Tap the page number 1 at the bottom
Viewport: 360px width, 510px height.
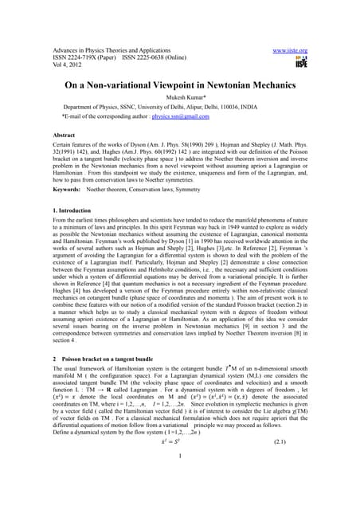[180, 478]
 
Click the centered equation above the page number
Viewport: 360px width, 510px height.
[180, 462]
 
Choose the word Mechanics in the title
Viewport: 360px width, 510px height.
[285, 81]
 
